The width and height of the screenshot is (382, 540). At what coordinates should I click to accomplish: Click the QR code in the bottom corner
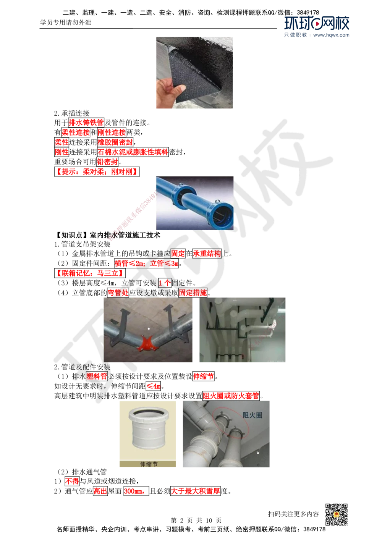[336, 514]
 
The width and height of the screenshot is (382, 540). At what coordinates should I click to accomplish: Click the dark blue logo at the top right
[317, 27]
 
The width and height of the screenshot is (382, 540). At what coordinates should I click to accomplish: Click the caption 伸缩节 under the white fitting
[148, 464]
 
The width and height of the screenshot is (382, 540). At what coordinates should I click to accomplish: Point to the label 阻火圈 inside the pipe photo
[253, 415]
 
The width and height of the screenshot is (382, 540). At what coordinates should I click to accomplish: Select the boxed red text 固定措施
[193, 293]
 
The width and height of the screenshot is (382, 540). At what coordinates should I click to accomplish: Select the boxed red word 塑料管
[97, 376]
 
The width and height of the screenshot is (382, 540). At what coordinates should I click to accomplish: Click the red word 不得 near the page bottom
[72, 481]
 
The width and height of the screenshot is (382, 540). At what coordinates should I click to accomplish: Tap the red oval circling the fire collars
[230, 424]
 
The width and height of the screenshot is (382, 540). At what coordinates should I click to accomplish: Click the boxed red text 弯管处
[118, 293]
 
